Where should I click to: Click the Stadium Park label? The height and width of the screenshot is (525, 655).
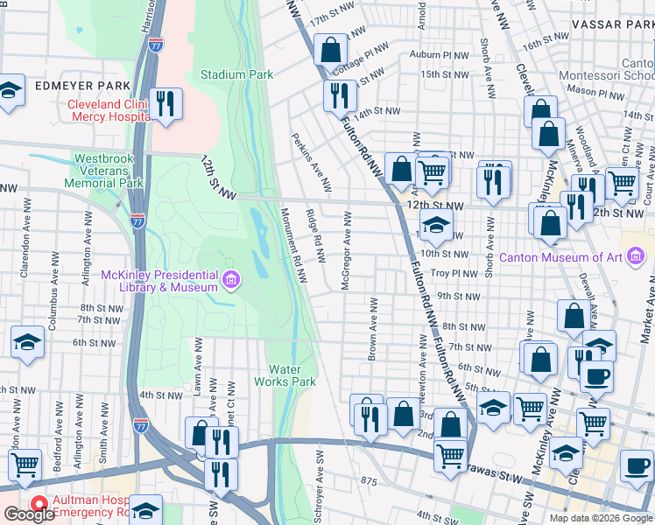coord(236,75)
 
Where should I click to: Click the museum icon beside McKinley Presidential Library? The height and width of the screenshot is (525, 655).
coord(231,281)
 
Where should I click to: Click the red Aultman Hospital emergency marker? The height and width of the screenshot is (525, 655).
coord(39,503)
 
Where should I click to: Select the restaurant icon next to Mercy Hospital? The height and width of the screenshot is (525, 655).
coord(165,102)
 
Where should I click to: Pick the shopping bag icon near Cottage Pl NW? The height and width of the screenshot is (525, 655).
coord(331,50)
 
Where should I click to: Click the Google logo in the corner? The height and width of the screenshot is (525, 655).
coord(29,514)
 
